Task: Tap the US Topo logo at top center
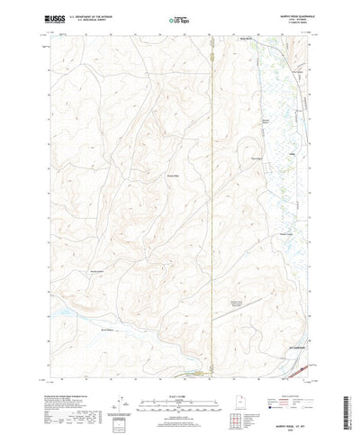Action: (x=180, y=18)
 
